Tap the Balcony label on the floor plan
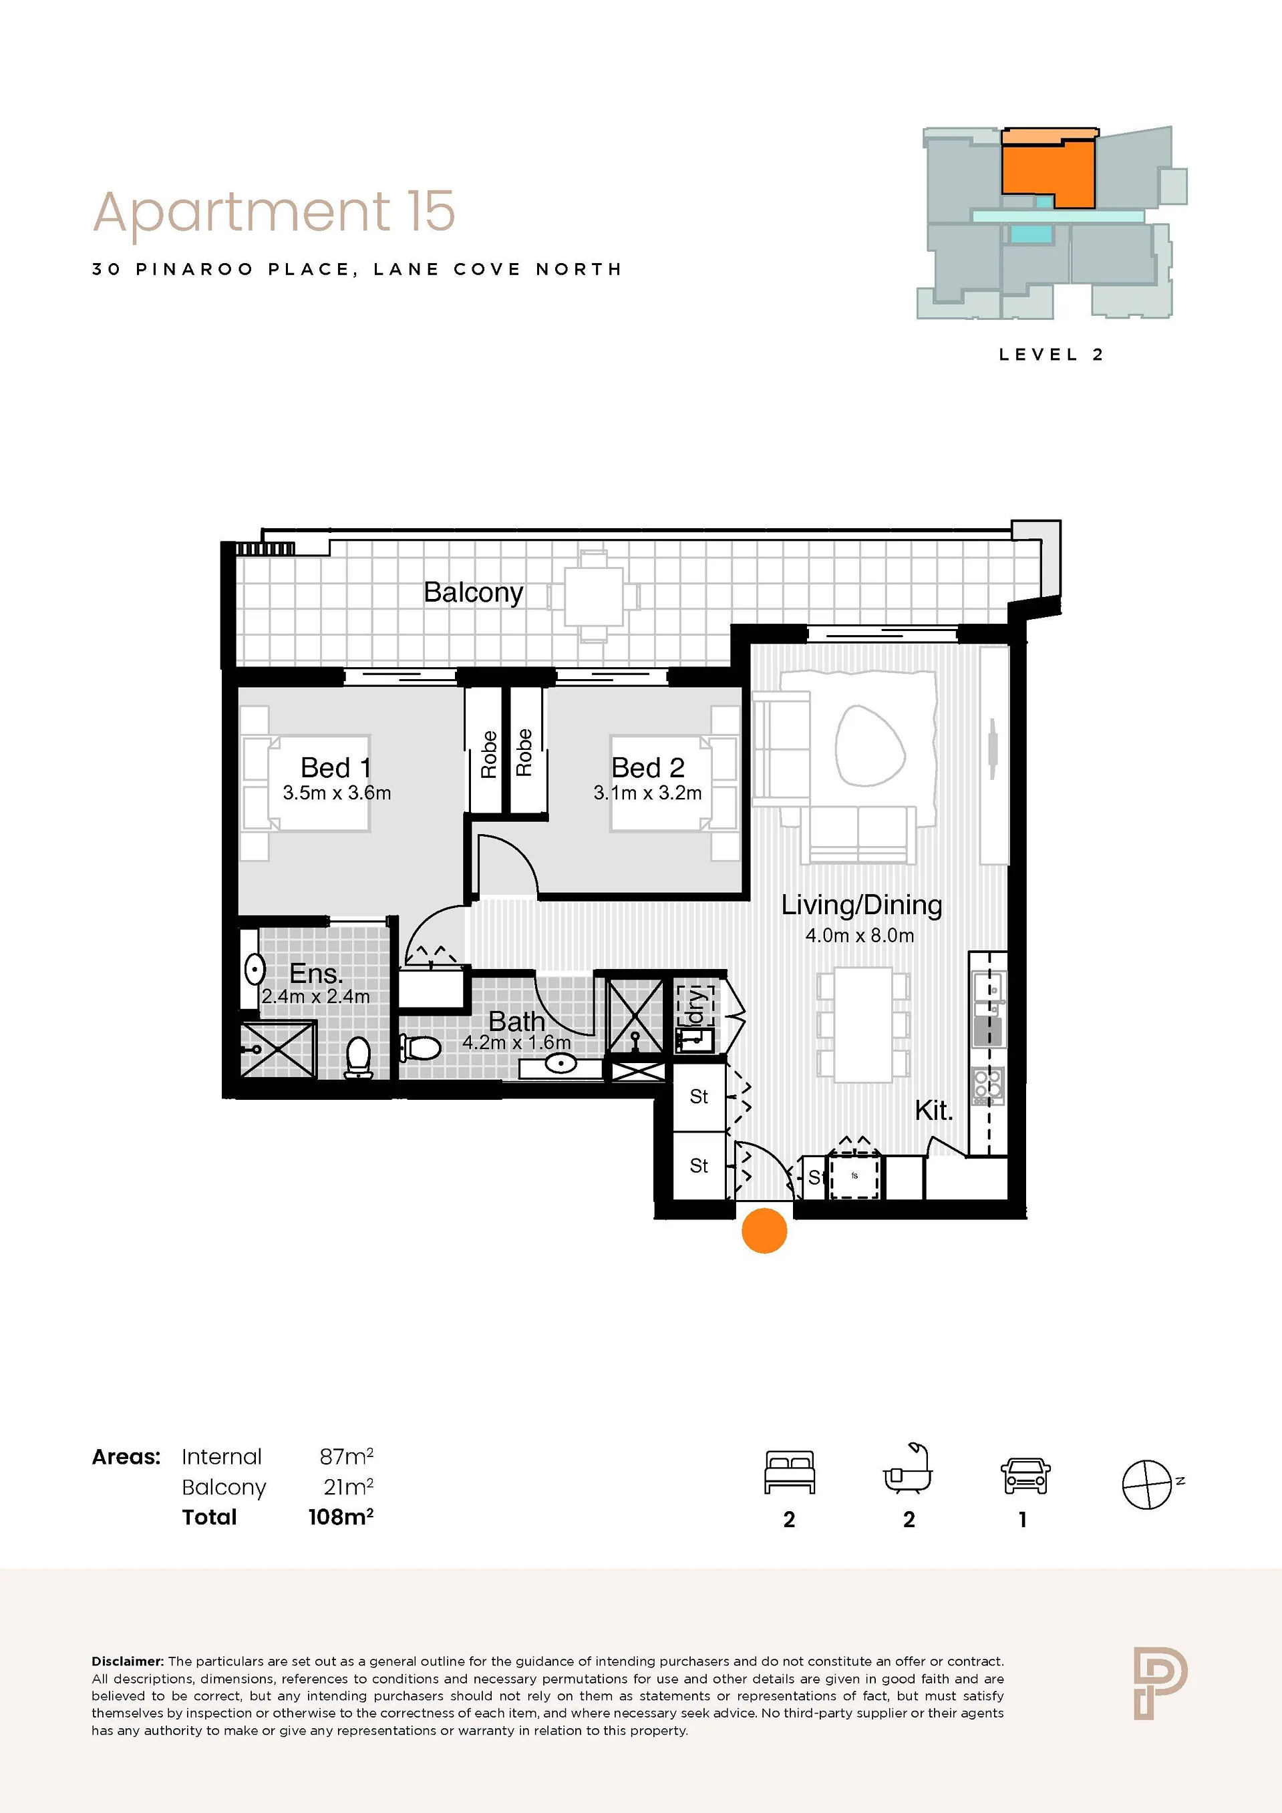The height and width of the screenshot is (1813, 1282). click(473, 592)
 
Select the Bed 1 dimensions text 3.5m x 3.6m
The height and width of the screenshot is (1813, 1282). click(337, 793)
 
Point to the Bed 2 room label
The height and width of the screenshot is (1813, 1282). click(648, 767)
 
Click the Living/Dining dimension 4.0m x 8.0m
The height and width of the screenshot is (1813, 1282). click(859, 936)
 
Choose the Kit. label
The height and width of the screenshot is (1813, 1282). click(934, 1111)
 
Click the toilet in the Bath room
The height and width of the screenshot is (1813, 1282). click(421, 1048)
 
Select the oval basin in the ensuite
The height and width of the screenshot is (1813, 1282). click(255, 970)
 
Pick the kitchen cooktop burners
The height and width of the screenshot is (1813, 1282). click(988, 1086)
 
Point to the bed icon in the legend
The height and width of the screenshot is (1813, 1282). click(789, 1472)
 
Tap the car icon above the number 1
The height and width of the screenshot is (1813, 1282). click(1025, 1475)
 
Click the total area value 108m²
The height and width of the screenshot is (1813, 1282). click(341, 1516)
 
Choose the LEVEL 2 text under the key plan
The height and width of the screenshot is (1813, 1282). click(1051, 355)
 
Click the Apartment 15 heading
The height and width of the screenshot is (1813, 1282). click(274, 212)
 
